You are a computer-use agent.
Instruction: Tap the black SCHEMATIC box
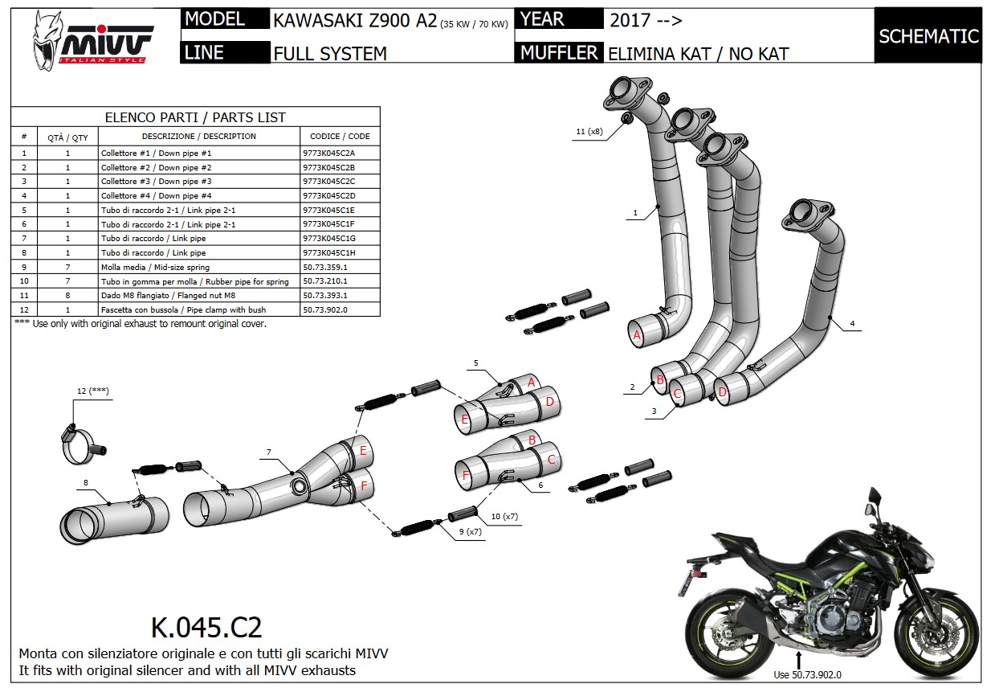tap(928, 36)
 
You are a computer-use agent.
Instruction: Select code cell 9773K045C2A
tap(329, 153)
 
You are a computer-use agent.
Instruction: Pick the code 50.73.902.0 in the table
tap(325, 309)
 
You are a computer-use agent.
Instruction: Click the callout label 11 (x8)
tap(589, 131)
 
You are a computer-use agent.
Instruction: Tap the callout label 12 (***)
tap(94, 391)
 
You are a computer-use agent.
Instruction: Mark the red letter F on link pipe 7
tap(364, 485)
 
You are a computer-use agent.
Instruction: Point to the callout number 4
tap(852, 324)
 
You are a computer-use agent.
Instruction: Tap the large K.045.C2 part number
tap(206, 627)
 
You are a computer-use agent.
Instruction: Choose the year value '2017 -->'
tap(646, 20)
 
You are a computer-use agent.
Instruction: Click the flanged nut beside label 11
tap(625, 121)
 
